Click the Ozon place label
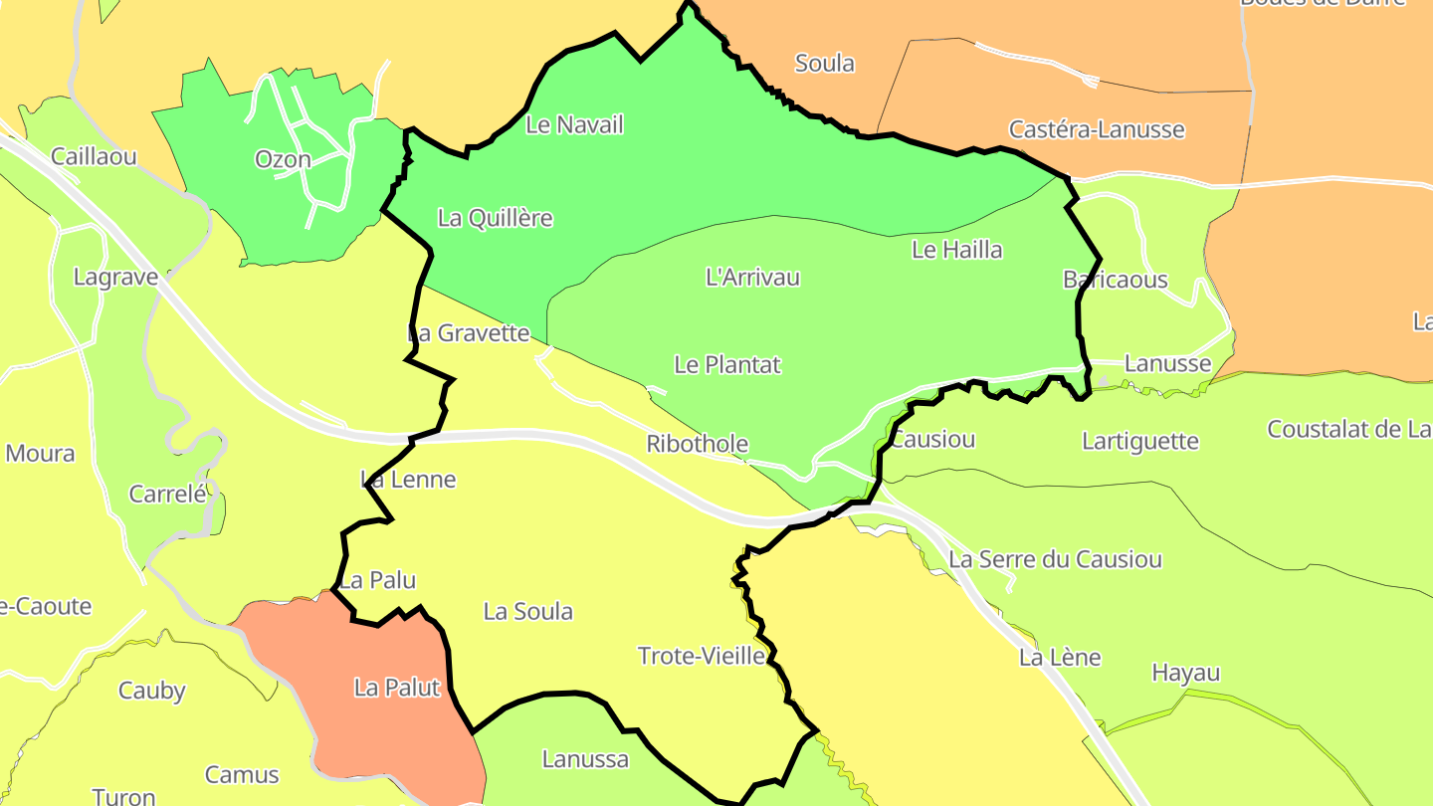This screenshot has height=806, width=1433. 283,159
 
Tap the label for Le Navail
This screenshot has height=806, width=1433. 574,125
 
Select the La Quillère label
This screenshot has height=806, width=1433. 495,219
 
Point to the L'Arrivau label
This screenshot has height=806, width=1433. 752,278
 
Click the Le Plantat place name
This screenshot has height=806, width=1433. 727,365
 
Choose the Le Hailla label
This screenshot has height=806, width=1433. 956,250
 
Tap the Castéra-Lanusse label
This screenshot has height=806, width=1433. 1097,129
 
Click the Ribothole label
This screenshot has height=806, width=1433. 697,445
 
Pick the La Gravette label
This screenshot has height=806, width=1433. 469,333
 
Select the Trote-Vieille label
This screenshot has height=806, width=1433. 702,657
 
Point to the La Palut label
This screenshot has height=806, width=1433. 397,688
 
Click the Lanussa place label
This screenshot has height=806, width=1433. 585,760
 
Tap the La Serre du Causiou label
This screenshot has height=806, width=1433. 1055,560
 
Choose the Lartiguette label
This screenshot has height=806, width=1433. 1140,442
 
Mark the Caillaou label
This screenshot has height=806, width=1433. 94,156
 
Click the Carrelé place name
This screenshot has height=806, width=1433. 167,495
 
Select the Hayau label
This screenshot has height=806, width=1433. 1185,674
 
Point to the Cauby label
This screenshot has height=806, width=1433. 152,691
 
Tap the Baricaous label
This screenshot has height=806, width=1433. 1115,280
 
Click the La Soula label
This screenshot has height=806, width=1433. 527,612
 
